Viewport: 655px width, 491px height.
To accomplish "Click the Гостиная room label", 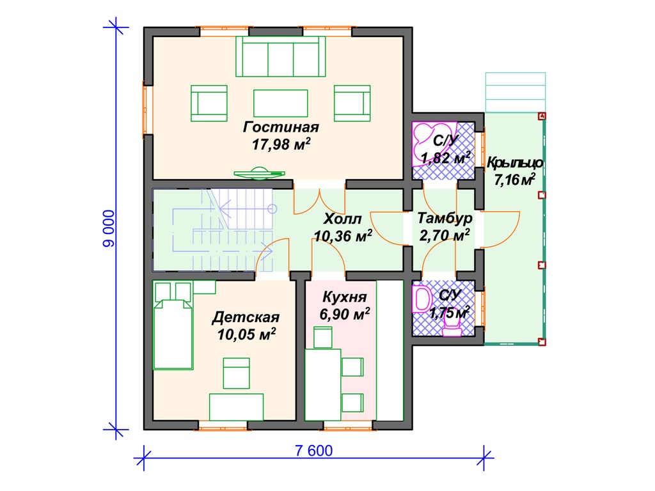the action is pyautogui.click(x=281, y=127).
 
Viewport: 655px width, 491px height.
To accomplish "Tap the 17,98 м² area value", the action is pyautogui.click(x=281, y=144).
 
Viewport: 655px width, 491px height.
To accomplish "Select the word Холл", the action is pyautogui.click(x=343, y=219).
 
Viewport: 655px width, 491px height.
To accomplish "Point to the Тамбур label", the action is pyautogui.click(x=445, y=219).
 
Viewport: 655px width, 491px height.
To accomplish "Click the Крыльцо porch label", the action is pyautogui.click(x=515, y=163).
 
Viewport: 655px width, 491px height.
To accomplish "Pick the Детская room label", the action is pyautogui.click(x=246, y=317).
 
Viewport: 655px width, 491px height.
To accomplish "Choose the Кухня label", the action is pyautogui.click(x=345, y=297).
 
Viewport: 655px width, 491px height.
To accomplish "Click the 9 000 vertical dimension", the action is pyautogui.click(x=109, y=228).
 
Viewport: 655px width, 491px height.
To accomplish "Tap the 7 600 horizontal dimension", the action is pyautogui.click(x=313, y=451).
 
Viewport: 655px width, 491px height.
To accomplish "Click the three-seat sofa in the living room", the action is pyautogui.click(x=280, y=56).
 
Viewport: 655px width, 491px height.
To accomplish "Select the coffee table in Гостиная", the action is pyautogui.click(x=280, y=103).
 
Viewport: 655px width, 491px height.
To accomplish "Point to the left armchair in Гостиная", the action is pyautogui.click(x=209, y=103).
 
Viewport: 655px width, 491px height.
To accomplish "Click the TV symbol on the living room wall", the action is pyautogui.click(x=260, y=173).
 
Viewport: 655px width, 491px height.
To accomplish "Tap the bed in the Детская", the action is pyautogui.click(x=173, y=325).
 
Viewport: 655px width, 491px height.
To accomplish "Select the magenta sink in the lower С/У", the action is pyautogui.click(x=422, y=299).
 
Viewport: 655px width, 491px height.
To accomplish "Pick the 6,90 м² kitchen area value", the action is pyautogui.click(x=345, y=314).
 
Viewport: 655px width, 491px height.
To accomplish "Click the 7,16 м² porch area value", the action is pyautogui.click(x=515, y=180).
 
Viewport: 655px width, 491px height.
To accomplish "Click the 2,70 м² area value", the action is pyautogui.click(x=445, y=235).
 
